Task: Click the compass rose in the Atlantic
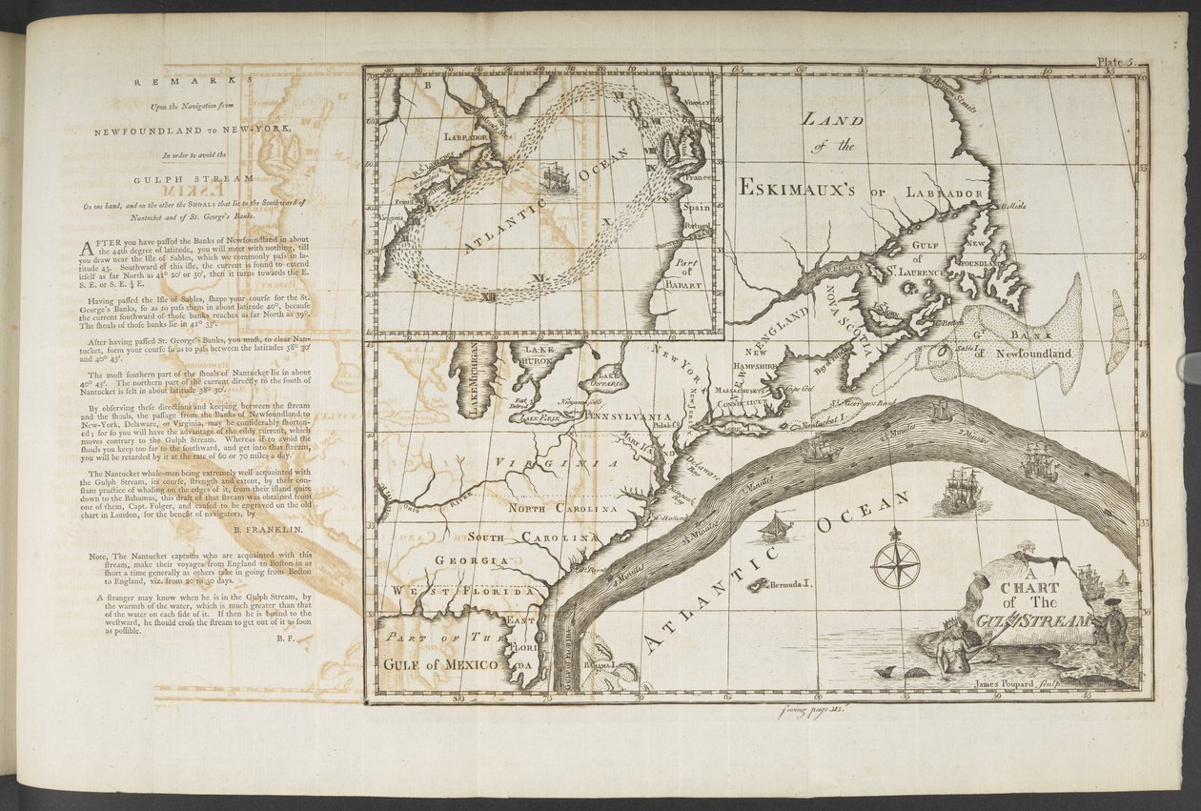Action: [x=896, y=563]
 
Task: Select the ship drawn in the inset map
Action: [x=557, y=178]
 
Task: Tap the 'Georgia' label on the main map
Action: [x=465, y=560]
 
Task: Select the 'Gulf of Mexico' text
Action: [x=442, y=663]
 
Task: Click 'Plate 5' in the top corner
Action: [x=1112, y=61]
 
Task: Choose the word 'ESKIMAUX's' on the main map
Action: [x=800, y=188]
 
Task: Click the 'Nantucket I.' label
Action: [x=822, y=422]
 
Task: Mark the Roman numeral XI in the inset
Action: [x=538, y=278]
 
